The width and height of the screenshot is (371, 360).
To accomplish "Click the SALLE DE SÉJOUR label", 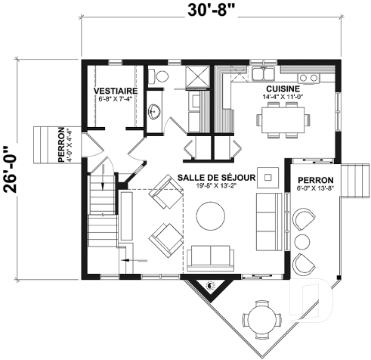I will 215,176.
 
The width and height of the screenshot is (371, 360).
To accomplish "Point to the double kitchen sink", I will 308,78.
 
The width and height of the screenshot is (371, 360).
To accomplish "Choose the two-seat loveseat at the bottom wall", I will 211,257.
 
